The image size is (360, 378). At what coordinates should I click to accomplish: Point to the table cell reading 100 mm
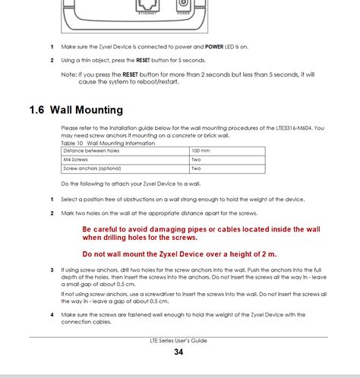click(201, 150)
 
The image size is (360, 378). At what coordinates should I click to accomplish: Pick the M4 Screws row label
click(76, 159)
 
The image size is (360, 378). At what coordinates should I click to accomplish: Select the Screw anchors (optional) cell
click(92, 169)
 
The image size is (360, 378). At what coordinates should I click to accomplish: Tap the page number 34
click(178, 352)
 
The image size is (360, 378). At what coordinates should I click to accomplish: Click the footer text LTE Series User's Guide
click(179, 341)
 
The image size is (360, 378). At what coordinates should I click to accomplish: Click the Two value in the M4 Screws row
click(196, 159)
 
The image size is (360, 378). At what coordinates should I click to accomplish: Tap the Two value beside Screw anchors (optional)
click(196, 169)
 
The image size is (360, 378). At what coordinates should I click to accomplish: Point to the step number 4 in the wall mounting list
click(52, 314)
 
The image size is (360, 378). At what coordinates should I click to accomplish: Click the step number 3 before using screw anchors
click(52, 269)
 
